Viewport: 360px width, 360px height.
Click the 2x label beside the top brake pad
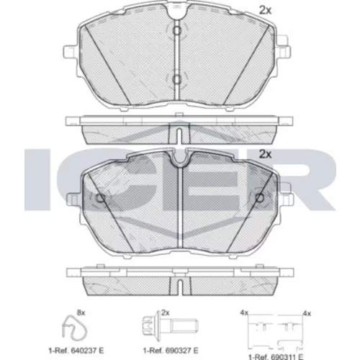[x=265, y=10]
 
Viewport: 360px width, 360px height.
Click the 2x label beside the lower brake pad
[x=265, y=154]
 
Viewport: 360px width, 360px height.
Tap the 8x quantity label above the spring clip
[x=81, y=312]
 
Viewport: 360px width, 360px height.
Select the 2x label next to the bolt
[x=166, y=312]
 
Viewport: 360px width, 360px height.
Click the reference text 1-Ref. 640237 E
[x=76, y=351]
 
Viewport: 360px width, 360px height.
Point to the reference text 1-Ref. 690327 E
[x=171, y=351]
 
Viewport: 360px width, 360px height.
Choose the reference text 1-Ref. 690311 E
[x=276, y=357]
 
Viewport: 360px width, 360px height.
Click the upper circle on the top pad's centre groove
[x=177, y=30]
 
